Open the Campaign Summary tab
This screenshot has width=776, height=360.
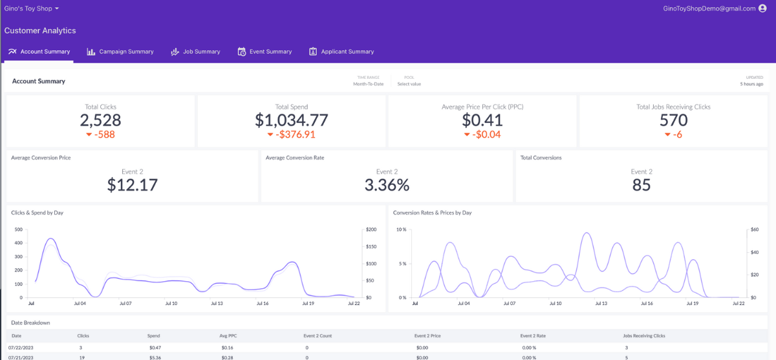(120, 52)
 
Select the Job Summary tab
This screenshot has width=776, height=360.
(195, 52)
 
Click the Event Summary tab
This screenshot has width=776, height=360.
(264, 52)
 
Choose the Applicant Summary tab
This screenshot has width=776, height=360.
(341, 52)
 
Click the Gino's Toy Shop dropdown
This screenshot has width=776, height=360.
(32, 8)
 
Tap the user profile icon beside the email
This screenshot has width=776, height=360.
(762, 8)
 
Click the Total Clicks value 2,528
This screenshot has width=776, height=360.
(100, 120)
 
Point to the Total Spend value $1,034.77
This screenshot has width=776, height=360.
(292, 120)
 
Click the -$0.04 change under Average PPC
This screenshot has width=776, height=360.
(482, 134)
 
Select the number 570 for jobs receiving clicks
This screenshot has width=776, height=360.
(673, 120)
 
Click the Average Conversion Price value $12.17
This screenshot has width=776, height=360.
(133, 185)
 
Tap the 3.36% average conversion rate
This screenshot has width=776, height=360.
(387, 185)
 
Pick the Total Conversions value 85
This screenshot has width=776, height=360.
(641, 185)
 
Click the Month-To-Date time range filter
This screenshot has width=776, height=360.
(368, 84)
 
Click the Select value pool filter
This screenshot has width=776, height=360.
(409, 84)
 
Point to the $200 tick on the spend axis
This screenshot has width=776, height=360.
(371, 229)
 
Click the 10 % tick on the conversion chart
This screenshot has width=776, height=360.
(401, 229)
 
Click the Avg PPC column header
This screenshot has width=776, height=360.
(228, 336)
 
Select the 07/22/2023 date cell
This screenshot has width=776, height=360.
(21, 348)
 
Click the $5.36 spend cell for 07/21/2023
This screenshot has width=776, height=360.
(155, 357)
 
